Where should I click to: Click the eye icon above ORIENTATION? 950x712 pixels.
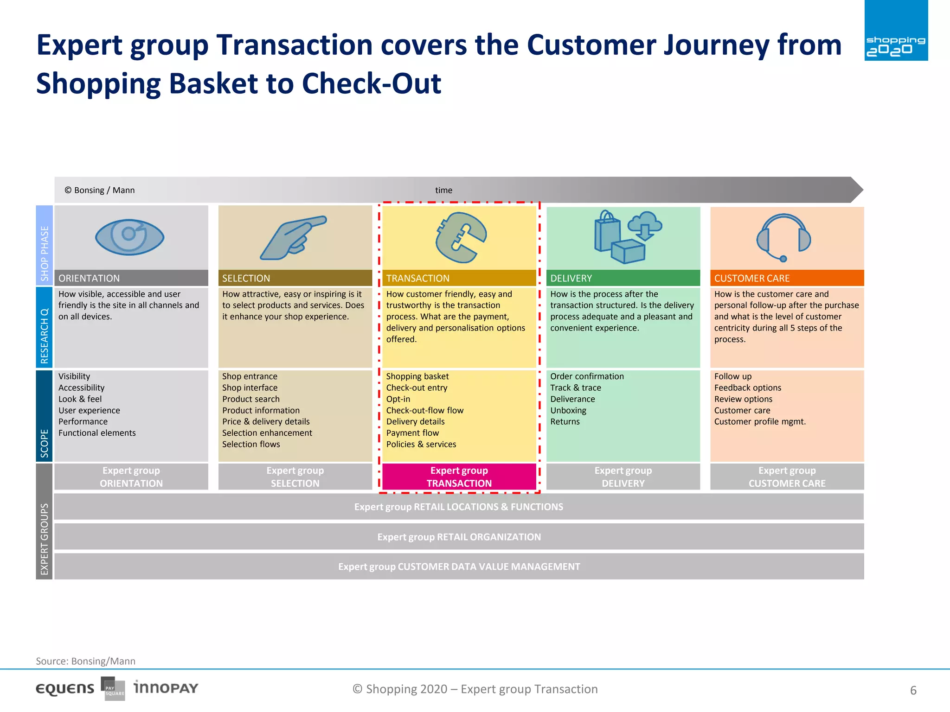pyautogui.click(x=129, y=237)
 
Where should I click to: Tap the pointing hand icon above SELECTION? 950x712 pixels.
pyautogui.click(x=292, y=238)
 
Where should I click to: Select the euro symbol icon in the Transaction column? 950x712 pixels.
pyautogui.click(x=460, y=238)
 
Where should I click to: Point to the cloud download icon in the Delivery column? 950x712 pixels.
pyautogui.click(x=645, y=225)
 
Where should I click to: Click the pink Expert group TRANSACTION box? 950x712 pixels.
pyautogui.click(x=459, y=477)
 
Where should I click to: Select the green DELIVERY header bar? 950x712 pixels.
pyautogui.click(x=623, y=278)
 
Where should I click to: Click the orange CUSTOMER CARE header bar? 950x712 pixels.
pyautogui.click(x=787, y=278)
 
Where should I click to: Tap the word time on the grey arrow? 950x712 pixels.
pyautogui.click(x=443, y=190)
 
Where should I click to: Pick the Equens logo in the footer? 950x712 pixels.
pyautogui.click(x=65, y=689)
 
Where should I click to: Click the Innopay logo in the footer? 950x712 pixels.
pyautogui.click(x=166, y=687)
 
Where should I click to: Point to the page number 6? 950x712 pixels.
pyautogui.click(x=913, y=690)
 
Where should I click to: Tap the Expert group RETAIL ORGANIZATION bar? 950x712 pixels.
pyautogui.click(x=459, y=537)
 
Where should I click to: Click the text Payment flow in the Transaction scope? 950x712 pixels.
pyautogui.click(x=412, y=433)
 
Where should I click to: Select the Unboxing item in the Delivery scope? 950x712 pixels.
pyautogui.click(x=568, y=410)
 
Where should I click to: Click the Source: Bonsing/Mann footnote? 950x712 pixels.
pyautogui.click(x=86, y=661)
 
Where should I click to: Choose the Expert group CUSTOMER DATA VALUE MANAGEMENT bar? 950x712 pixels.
pyautogui.click(x=459, y=566)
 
